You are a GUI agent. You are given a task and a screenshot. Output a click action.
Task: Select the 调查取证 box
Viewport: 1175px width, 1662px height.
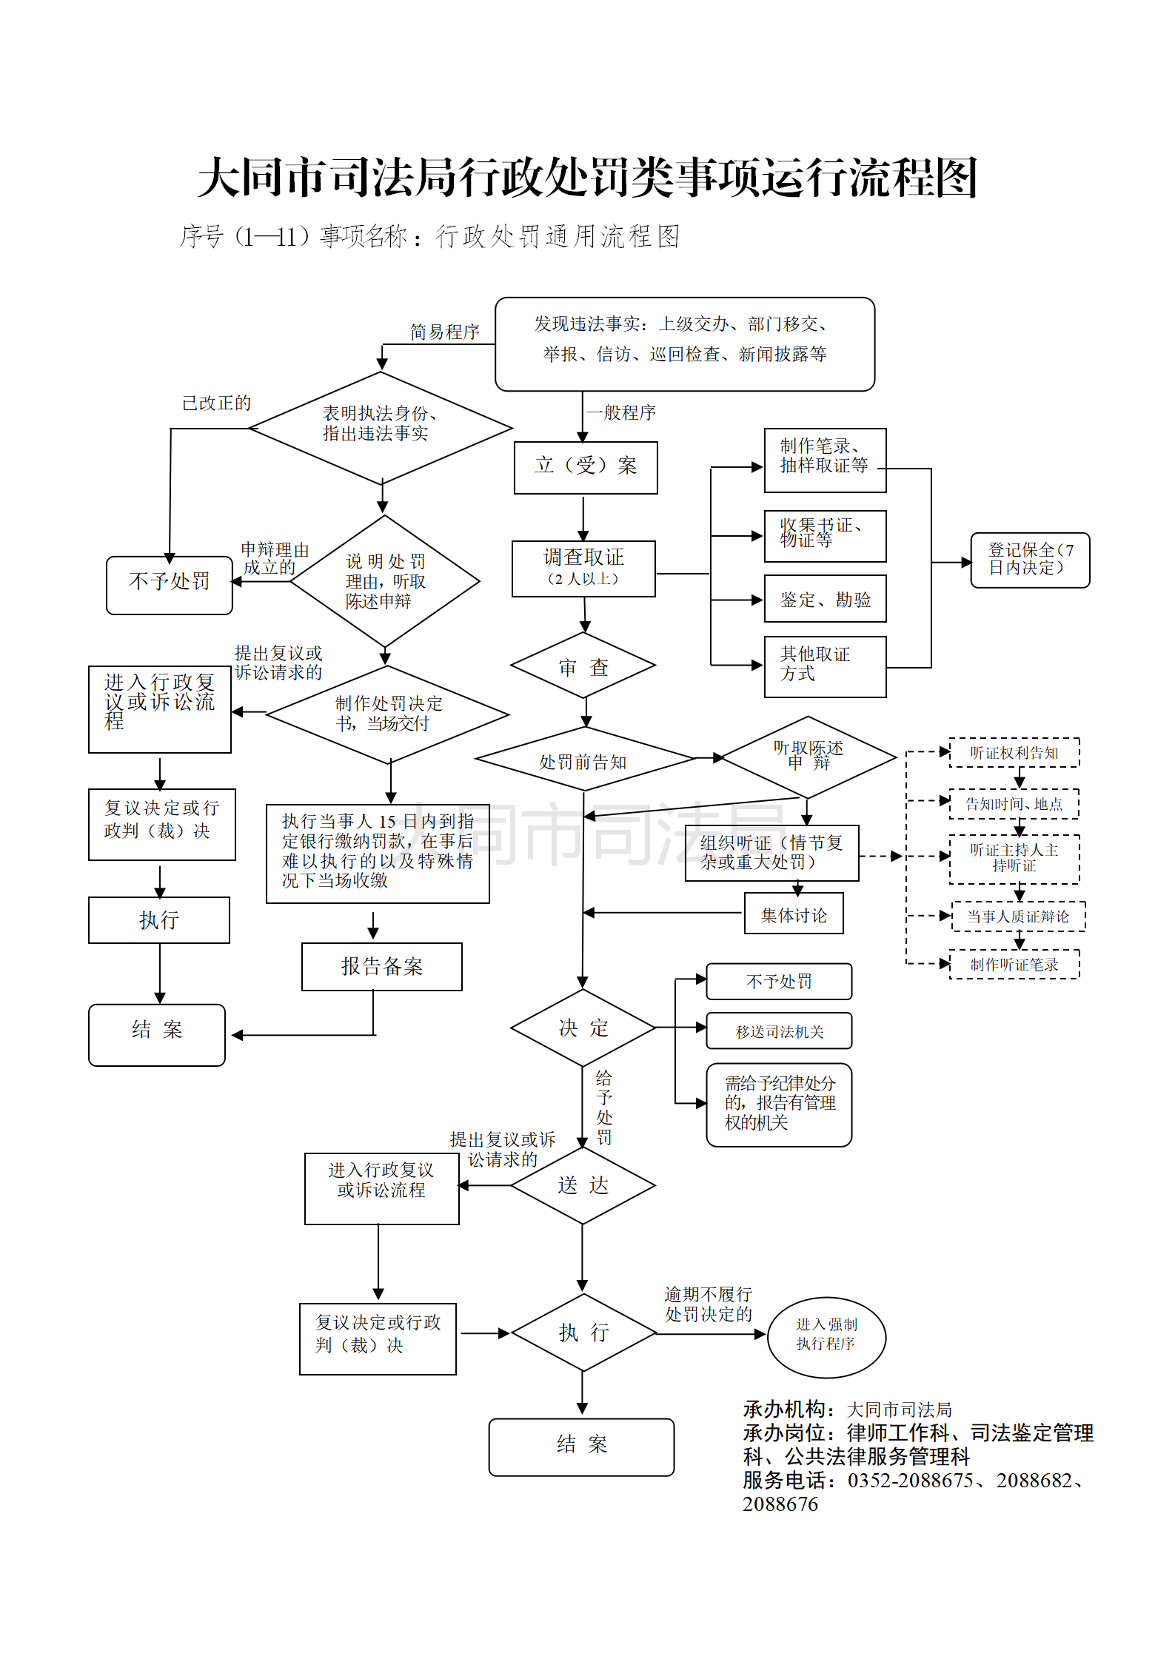point(583,568)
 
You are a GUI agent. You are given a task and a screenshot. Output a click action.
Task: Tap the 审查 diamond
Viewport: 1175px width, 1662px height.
point(583,666)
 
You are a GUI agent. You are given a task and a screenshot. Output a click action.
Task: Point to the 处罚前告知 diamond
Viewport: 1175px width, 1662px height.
point(583,760)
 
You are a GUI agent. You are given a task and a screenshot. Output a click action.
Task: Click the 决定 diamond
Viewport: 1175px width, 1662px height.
point(583,1028)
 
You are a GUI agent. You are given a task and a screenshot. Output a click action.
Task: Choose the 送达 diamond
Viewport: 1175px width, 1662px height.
point(583,1185)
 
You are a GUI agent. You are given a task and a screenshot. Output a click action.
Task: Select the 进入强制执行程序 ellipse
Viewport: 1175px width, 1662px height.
point(826,1337)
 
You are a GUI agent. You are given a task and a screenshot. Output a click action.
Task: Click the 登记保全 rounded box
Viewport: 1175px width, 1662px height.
point(1030,560)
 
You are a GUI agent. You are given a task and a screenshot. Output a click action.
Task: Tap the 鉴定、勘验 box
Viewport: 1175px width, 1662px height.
point(825,599)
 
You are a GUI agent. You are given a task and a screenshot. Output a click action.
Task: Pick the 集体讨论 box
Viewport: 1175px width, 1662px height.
point(794,915)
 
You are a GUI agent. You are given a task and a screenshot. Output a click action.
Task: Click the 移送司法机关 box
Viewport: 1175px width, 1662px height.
point(779,1031)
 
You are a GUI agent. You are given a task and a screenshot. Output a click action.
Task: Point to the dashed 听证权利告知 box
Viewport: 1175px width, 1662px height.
point(1014,753)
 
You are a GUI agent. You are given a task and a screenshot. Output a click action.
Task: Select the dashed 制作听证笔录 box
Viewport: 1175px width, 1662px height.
point(1014,965)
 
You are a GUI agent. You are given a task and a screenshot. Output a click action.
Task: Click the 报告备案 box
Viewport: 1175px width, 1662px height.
point(381,966)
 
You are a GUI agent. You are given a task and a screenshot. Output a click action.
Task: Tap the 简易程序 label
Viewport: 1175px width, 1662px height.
point(445,332)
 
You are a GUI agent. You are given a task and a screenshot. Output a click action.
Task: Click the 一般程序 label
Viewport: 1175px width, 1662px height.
point(621,412)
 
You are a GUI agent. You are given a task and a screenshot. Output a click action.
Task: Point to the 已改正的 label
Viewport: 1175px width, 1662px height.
point(216,403)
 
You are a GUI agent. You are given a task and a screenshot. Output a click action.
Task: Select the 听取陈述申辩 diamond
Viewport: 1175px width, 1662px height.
point(808,757)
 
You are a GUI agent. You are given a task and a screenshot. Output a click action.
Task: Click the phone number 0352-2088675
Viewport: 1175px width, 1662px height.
point(910,1481)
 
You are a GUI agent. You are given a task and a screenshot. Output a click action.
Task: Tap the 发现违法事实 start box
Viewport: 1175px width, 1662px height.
point(684,344)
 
